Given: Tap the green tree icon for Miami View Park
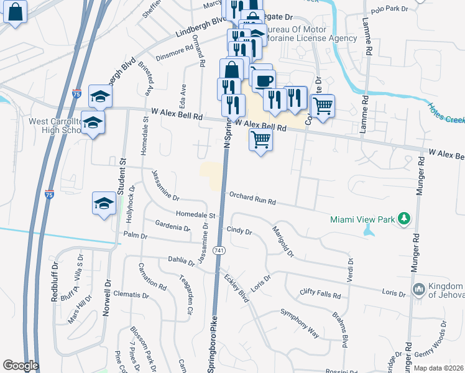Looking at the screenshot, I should point(405,218).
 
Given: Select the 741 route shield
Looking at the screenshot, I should point(218,250).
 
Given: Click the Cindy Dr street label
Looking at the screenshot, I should point(239,231).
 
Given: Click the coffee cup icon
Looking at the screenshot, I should point(264,80).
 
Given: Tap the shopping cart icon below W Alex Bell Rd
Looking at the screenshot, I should point(260,139).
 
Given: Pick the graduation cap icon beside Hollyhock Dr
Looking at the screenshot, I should point(104,203).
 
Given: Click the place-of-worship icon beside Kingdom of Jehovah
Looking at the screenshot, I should point(418,290).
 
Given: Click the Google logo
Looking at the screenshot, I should point(21,366).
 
